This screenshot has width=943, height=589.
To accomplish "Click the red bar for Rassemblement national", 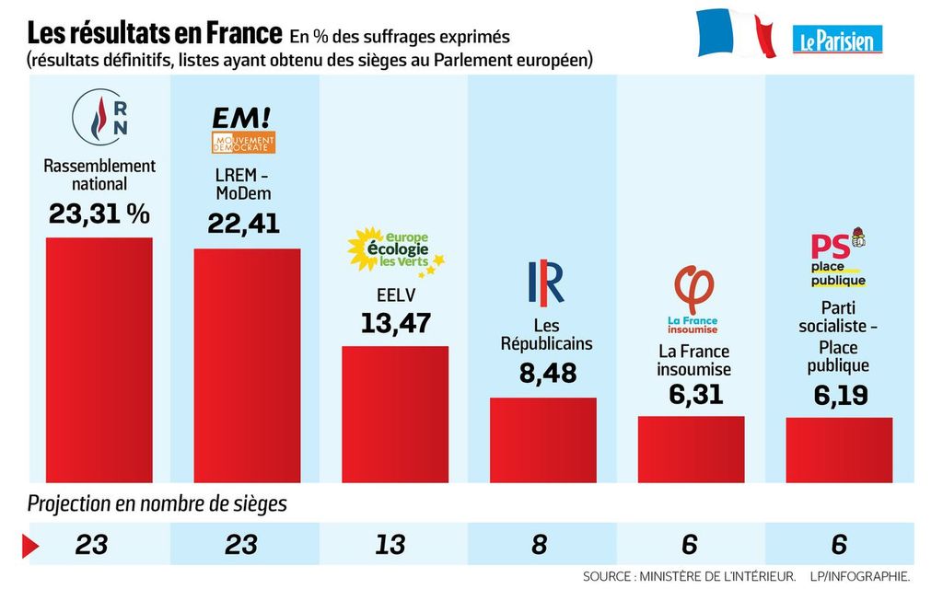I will [x=99, y=359].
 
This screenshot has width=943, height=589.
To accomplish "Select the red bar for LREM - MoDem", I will [x=246, y=364].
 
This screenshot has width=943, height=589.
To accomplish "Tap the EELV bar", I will [x=395, y=413].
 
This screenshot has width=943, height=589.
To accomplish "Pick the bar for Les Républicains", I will [x=542, y=439].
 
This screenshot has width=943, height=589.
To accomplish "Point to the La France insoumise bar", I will [x=691, y=449].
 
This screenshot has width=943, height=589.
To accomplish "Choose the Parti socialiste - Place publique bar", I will [x=839, y=450].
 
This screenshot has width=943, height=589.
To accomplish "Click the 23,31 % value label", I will [x=99, y=214].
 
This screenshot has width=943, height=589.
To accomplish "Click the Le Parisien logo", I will [x=837, y=39].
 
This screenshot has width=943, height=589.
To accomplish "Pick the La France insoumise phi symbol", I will [x=692, y=288].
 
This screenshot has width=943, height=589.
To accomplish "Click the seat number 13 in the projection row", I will [x=390, y=544].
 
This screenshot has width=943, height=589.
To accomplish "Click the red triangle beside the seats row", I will [x=30, y=545].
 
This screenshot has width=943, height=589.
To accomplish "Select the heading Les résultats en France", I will [x=154, y=35].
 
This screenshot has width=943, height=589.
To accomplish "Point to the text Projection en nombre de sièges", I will [x=157, y=504].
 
